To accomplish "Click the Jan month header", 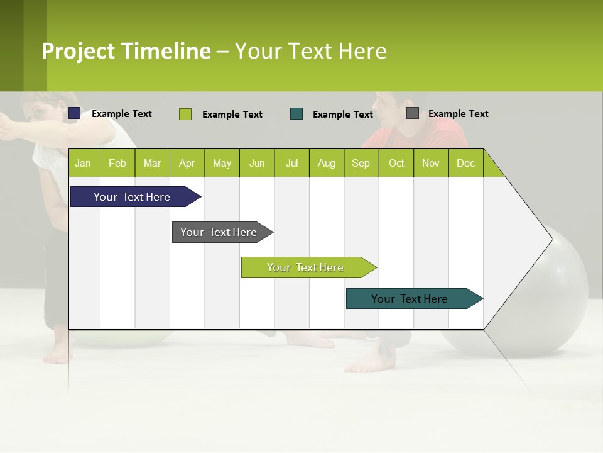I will [x=83, y=163].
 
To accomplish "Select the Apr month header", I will [x=187, y=163].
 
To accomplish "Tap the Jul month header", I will [x=291, y=163].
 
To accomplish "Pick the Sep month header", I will [x=361, y=163].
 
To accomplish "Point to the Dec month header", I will [x=465, y=163].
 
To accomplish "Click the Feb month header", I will [x=117, y=163].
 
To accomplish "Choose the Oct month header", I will [x=396, y=163].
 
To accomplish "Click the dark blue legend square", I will [x=75, y=113].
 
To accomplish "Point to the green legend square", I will [x=185, y=114].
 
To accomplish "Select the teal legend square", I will [x=296, y=114].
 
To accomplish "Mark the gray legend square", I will [x=413, y=113].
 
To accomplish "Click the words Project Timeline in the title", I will [x=126, y=51].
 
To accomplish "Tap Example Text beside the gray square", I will [x=458, y=114].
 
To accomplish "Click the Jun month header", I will [x=257, y=163].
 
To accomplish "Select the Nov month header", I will [x=431, y=163].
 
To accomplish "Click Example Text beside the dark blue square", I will [x=122, y=114].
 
